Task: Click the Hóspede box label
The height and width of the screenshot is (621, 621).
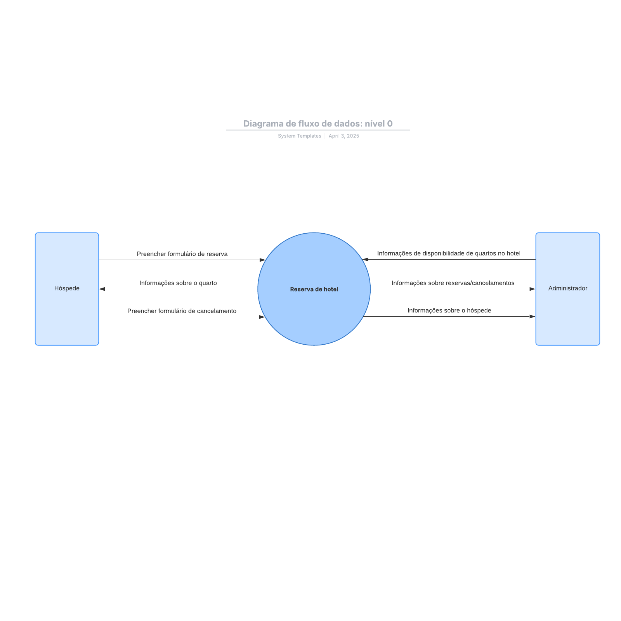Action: tap(67, 288)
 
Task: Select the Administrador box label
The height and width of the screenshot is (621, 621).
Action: tap(567, 288)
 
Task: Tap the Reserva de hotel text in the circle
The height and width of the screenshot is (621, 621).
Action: tap(314, 289)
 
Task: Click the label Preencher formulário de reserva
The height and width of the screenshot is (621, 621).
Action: tap(182, 254)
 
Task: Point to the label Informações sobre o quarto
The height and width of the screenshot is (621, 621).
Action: tap(178, 283)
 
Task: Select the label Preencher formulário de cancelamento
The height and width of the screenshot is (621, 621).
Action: tap(182, 311)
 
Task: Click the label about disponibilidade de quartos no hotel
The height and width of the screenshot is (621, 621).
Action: tap(449, 253)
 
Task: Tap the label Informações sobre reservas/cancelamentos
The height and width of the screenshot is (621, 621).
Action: tap(453, 283)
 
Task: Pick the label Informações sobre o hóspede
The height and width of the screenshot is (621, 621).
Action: tap(449, 310)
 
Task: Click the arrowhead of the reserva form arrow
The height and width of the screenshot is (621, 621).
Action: tap(262, 260)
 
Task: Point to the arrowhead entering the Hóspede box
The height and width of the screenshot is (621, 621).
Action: tap(102, 289)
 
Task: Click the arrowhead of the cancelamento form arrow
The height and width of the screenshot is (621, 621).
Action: tap(262, 317)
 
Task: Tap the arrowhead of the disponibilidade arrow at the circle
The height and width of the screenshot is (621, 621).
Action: tap(365, 259)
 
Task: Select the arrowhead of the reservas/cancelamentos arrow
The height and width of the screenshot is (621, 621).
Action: tap(533, 289)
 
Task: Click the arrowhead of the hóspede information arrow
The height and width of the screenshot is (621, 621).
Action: tap(533, 316)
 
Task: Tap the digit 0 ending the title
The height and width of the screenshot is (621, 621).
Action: tap(390, 124)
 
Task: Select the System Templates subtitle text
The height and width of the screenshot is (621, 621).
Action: tap(299, 136)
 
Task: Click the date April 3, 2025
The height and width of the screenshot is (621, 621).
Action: tap(344, 136)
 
